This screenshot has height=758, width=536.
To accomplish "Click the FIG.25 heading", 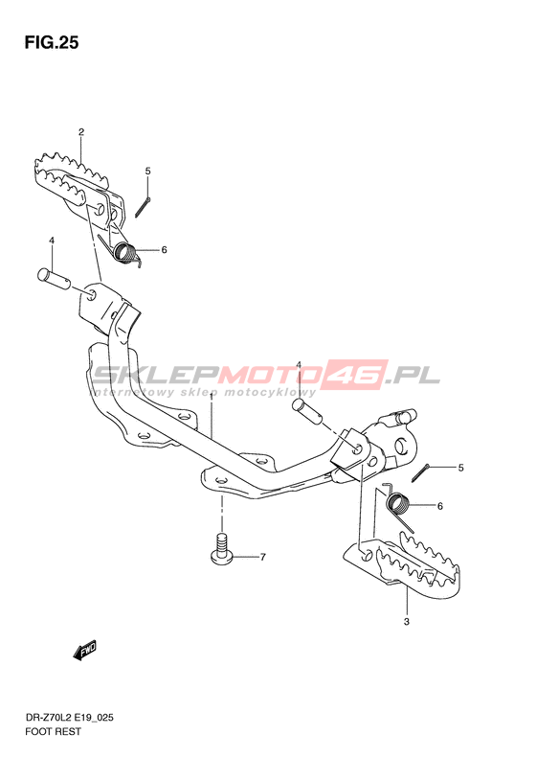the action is (x=52, y=43).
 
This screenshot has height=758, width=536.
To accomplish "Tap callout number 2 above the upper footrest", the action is (x=81, y=131).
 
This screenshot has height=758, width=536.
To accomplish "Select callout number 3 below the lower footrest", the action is (x=407, y=621).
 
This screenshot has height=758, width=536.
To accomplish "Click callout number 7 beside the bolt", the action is (x=262, y=557).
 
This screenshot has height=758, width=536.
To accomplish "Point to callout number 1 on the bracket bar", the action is (x=211, y=397).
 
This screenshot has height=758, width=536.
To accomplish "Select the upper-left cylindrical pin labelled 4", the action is (x=54, y=277).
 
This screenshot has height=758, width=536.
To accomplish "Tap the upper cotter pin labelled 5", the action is (x=143, y=208).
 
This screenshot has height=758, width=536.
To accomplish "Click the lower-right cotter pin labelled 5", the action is (x=420, y=472).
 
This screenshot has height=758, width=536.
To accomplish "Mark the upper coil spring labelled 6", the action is (x=121, y=249).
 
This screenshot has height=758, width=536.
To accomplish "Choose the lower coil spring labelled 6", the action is (x=398, y=505).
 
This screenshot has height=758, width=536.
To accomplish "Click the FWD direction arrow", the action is (x=85, y=651).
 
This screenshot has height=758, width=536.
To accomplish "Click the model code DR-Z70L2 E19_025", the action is (x=70, y=718).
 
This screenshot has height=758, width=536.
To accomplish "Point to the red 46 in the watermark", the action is (x=357, y=375).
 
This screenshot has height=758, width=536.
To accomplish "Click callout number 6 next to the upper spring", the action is (x=165, y=250).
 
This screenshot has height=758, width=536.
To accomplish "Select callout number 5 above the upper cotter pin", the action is (x=147, y=171).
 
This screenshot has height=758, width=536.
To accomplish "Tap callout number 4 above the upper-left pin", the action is (x=52, y=241).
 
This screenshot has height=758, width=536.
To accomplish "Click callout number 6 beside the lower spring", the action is (x=440, y=506).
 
